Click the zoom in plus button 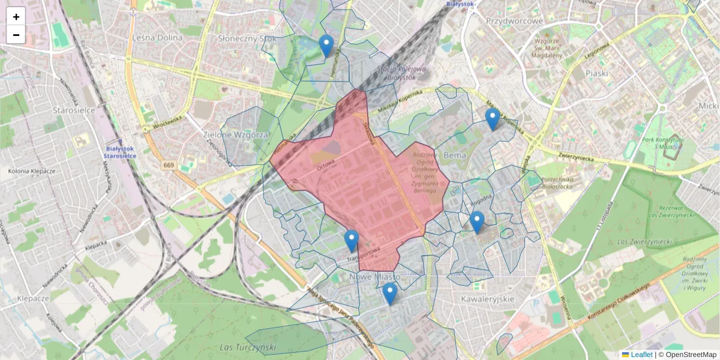click(16, 17)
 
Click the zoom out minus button click(16, 35)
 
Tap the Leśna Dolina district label click(157, 37)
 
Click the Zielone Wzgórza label click(244, 134)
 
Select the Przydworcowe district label click(514, 21)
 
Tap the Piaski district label click(597, 73)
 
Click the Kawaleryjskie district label click(488, 298)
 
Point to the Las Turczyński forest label click(247, 347)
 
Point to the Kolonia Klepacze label click(32, 171)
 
